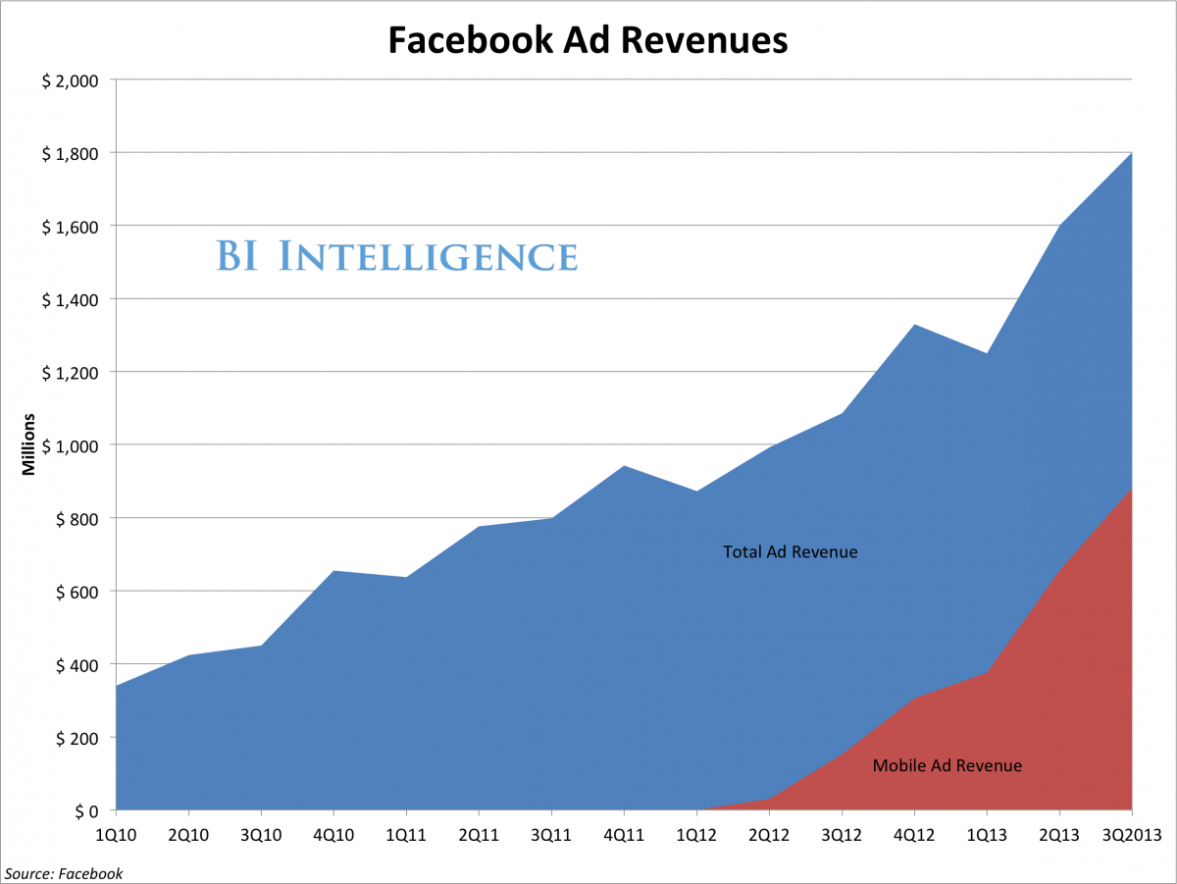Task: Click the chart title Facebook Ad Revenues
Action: coord(588,40)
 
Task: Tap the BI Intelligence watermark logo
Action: coord(396,256)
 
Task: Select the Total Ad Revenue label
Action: coord(790,552)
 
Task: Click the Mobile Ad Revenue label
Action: coord(947,766)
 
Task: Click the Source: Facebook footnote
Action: coord(64,873)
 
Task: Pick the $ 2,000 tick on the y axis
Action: coord(70,80)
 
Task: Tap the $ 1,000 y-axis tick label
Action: coord(70,445)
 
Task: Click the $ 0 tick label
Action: coord(82,811)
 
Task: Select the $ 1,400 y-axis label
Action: coord(70,299)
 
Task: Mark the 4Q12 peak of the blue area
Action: coord(914,325)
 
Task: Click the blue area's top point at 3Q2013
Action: coord(1131,153)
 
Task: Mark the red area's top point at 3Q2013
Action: coord(1131,489)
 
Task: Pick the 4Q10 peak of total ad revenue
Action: coord(333,571)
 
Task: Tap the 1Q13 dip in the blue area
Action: coord(987,353)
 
